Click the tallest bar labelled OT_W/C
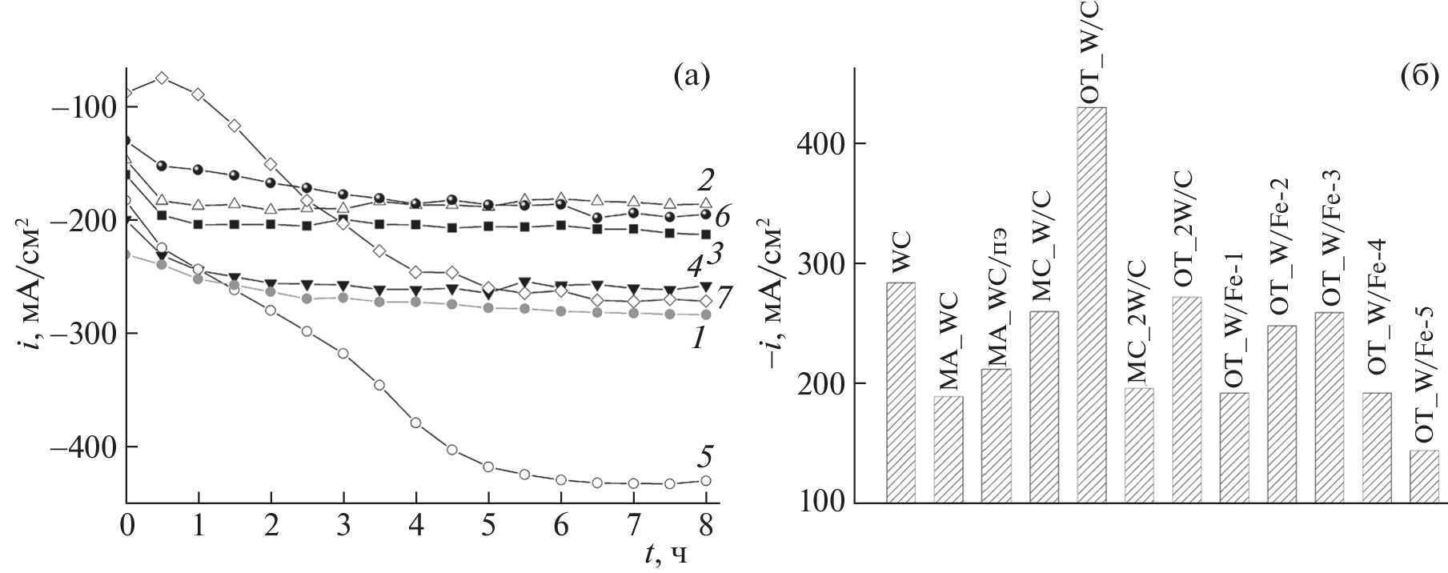[x=1091, y=304]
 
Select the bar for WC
[x=900, y=392]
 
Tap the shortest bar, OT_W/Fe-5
[x=1424, y=477]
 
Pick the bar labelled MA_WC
[x=949, y=449]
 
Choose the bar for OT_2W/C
[x=1186, y=399]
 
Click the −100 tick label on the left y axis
[x=82, y=106]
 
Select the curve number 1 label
[x=698, y=339]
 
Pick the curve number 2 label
[x=705, y=180]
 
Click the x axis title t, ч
[x=664, y=554]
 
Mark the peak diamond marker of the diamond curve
[x=162, y=78]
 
